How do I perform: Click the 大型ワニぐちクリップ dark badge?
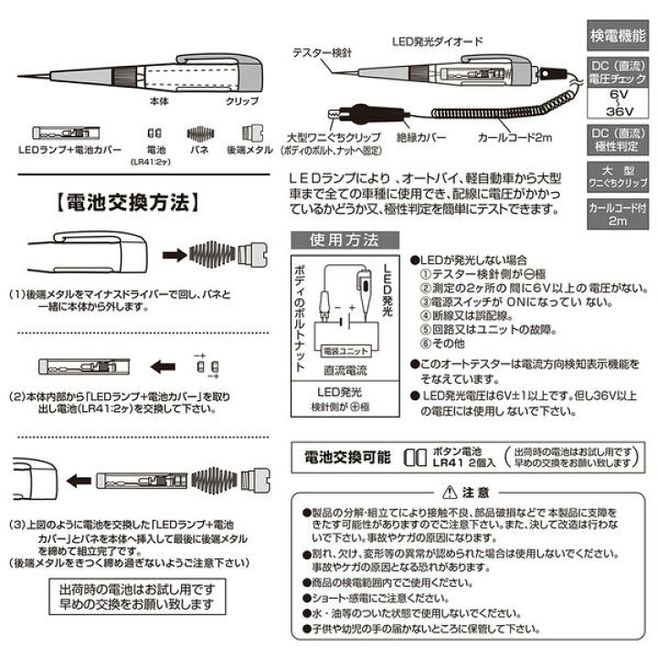click(615, 175)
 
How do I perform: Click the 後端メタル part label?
click(250, 149)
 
